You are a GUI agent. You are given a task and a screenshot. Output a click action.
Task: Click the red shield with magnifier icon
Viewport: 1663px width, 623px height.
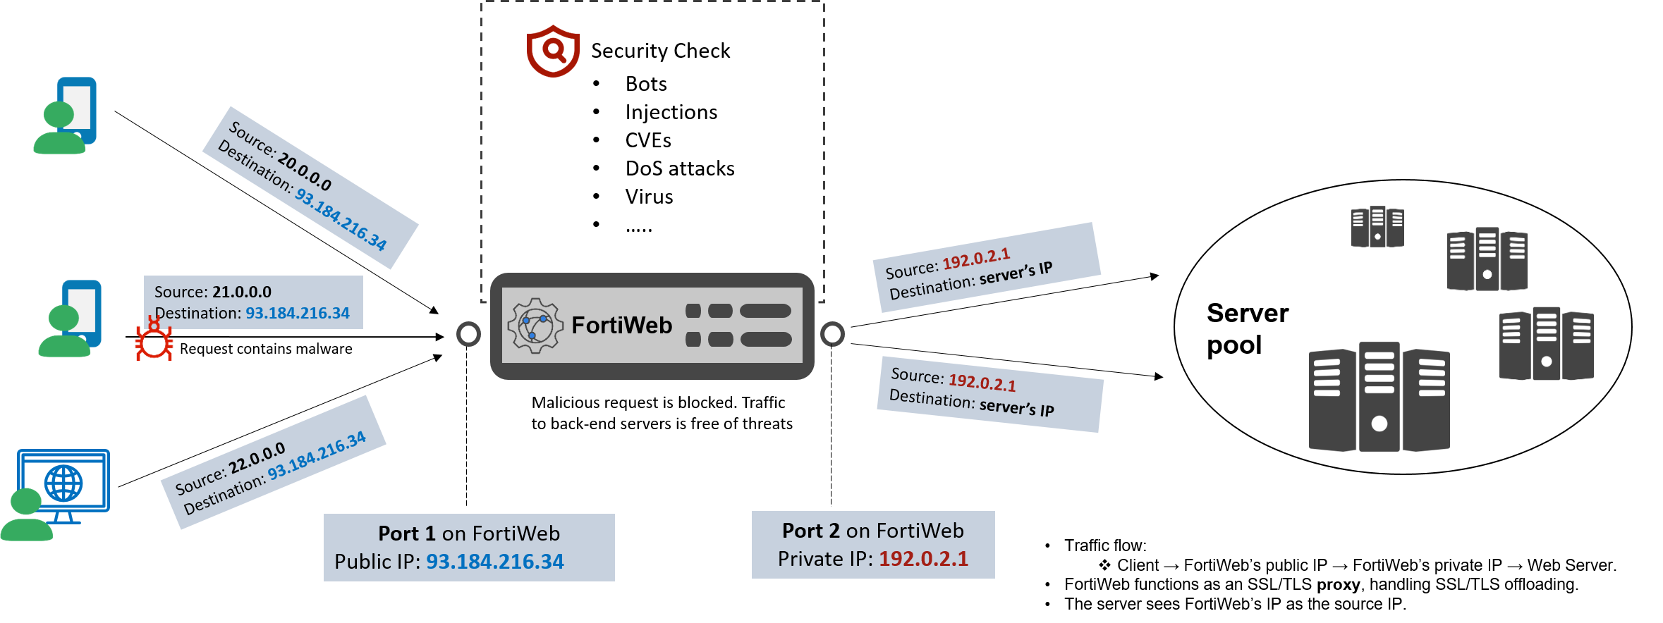[x=553, y=51]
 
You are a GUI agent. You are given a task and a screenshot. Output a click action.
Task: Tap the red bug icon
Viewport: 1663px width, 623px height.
[x=154, y=341]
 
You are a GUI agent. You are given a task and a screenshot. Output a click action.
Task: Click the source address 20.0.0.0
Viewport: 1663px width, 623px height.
[x=304, y=171]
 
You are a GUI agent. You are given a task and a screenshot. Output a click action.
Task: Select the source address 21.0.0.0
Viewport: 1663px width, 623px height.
[x=241, y=292]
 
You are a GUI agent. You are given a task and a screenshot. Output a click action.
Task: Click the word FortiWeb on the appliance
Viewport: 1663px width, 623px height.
[x=621, y=326]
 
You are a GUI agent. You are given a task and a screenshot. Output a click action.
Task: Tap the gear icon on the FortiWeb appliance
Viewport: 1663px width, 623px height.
[x=535, y=326]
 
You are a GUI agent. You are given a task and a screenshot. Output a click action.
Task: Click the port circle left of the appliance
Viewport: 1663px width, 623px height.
[x=468, y=334]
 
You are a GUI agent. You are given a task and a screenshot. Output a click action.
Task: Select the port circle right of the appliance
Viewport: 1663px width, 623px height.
[x=832, y=334]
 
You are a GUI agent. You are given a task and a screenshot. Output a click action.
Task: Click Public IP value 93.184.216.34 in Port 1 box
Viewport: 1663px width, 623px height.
[x=494, y=562]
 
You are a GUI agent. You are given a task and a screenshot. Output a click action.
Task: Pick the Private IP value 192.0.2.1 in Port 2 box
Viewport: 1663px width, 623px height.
[x=923, y=559]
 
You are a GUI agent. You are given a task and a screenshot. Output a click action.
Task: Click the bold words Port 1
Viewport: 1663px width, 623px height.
[x=406, y=533]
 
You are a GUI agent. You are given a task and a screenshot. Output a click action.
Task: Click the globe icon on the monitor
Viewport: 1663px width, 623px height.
[x=63, y=483]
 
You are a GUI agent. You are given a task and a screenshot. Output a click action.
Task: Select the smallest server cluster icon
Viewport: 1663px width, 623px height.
[x=1377, y=226]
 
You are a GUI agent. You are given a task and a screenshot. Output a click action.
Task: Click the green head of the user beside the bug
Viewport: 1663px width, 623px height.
[x=63, y=318]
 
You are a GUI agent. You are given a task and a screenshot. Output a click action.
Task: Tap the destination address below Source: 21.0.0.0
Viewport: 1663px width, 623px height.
[x=297, y=313]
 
